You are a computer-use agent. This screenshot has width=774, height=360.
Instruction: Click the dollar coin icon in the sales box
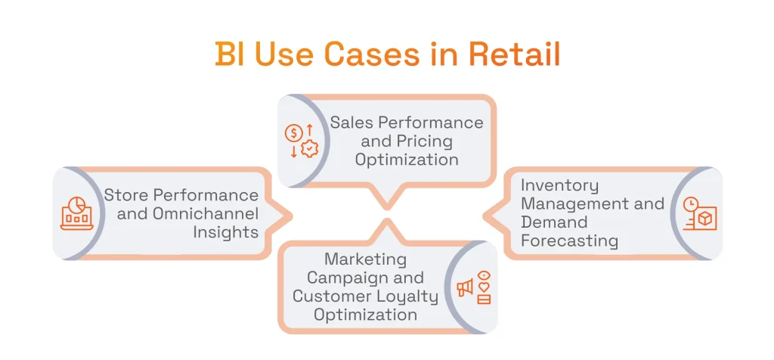pos(293,133)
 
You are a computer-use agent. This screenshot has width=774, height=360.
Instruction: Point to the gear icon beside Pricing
pos(308,149)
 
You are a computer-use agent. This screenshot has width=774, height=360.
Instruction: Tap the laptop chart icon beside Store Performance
pos(76,214)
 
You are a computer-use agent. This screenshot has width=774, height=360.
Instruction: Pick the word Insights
pos(225,232)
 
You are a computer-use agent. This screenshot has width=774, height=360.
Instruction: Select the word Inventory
pos(559,185)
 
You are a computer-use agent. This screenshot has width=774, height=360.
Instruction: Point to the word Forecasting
pos(569,241)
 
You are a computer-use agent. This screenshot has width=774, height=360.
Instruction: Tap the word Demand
pos(554,222)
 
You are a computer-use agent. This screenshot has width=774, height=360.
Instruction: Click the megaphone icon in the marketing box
pos(465,287)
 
